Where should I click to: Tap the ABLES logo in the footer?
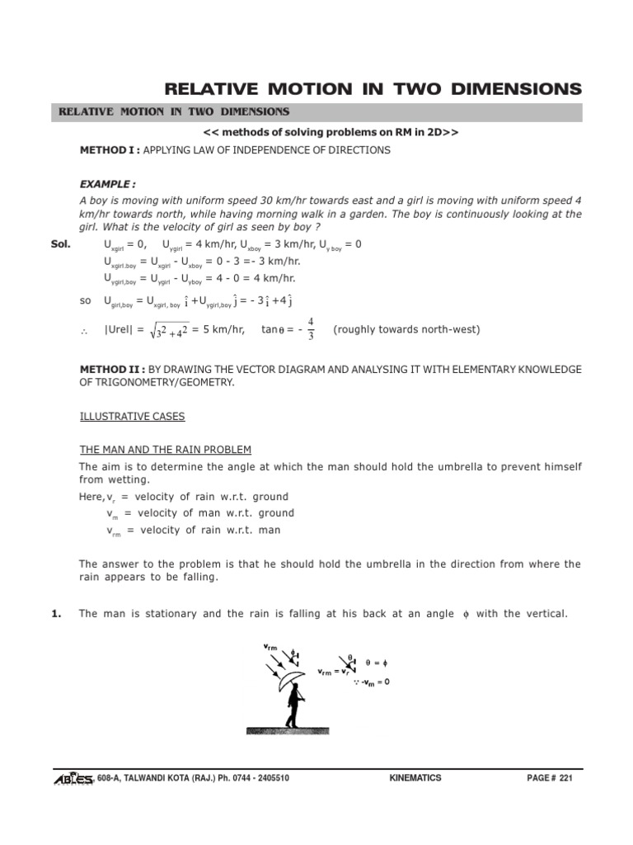coord(73,778)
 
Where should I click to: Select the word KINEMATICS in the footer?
coord(414,778)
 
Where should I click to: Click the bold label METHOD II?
coord(110,369)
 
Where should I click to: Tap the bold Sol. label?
coord(61,244)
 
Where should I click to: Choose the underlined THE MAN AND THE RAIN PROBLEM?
coord(165,449)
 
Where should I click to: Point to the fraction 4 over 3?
coord(310,328)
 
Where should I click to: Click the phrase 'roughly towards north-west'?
coord(406,330)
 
